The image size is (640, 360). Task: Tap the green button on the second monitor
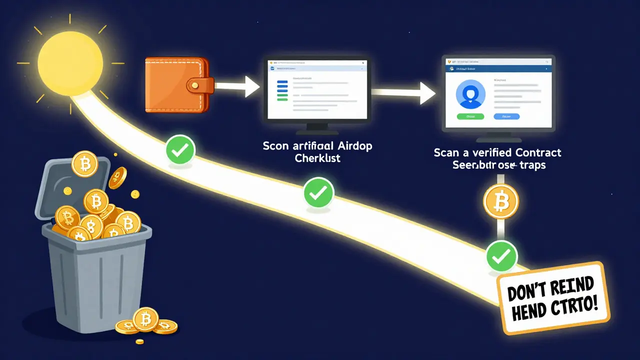tap(470, 116)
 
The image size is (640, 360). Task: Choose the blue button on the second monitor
tap(506, 116)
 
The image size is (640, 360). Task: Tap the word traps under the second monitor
tap(529, 165)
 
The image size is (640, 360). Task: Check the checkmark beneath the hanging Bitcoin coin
tap(501, 255)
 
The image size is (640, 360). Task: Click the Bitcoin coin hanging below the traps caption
tap(501, 202)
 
